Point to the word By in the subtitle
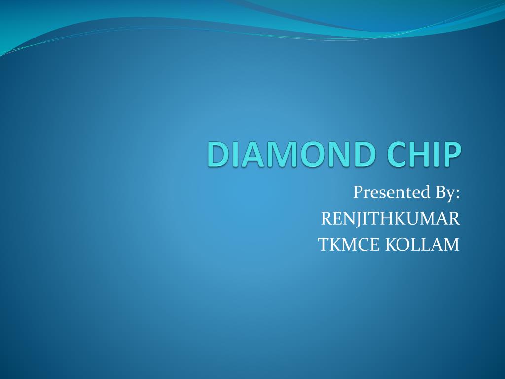(444, 193)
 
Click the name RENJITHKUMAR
(390, 218)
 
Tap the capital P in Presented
(358, 192)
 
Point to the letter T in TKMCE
(324, 244)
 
